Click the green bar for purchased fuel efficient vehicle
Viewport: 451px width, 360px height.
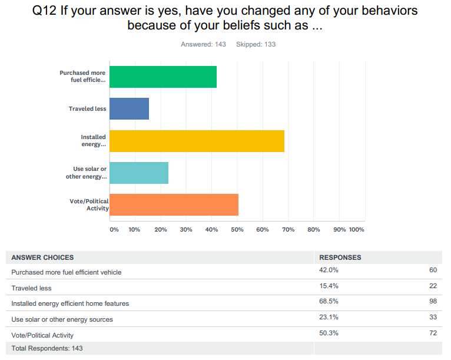[163, 77]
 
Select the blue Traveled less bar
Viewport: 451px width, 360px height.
[129, 109]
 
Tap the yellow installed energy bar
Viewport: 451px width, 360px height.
[197, 141]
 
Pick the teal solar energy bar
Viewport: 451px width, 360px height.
[139, 173]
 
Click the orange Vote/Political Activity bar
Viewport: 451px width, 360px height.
[174, 204]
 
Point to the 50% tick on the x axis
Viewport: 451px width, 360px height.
[237, 229]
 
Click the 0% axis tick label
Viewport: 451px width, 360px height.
[114, 229]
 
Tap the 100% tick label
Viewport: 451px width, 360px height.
[357, 229]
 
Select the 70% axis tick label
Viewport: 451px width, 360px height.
[288, 229]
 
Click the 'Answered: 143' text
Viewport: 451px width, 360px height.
[203, 44]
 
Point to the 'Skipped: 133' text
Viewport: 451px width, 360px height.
[256, 44]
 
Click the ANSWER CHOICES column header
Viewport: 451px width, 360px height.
[42, 257]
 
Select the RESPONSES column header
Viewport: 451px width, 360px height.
[340, 257]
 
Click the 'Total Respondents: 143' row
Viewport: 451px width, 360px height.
[47, 348]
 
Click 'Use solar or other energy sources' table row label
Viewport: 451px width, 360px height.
[62, 319]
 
